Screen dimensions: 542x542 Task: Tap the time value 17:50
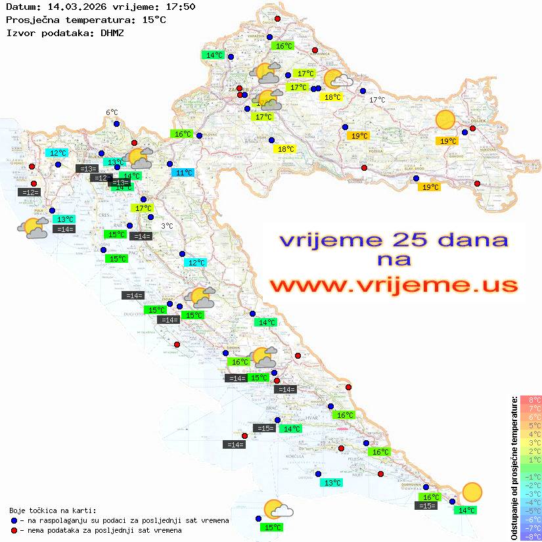pyautogui.click(x=179, y=7)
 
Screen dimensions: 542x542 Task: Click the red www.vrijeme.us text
pyautogui.click(x=393, y=284)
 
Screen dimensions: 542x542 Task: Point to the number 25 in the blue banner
pyautogui.click(x=415, y=240)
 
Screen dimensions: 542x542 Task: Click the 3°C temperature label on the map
pyautogui.click(x=167, y=226)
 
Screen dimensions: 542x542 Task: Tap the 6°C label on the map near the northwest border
pyautogui.click(x=112, y=112)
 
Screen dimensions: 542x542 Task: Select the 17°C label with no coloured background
pyautogui.click(x=377, y=100)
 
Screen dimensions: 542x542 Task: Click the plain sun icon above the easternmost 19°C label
pyautogui.click(x=445, y=120)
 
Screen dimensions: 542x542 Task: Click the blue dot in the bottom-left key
pyautogui.click(x=14, y=520)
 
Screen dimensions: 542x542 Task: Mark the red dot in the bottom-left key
pyautogui.click(x=14, y=530)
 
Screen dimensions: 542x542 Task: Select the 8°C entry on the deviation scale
pyautogui.click(x=531, y=400)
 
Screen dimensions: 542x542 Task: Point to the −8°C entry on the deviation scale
pyautogui.click(x=531, y=537)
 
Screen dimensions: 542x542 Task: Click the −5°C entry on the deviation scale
pyautogui.click(x=531, y=511)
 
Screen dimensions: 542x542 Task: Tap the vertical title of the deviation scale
pyautogui.click(x=514, y=468)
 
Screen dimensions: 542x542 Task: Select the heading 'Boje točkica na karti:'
pyautogui.click(x=53, y=510)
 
